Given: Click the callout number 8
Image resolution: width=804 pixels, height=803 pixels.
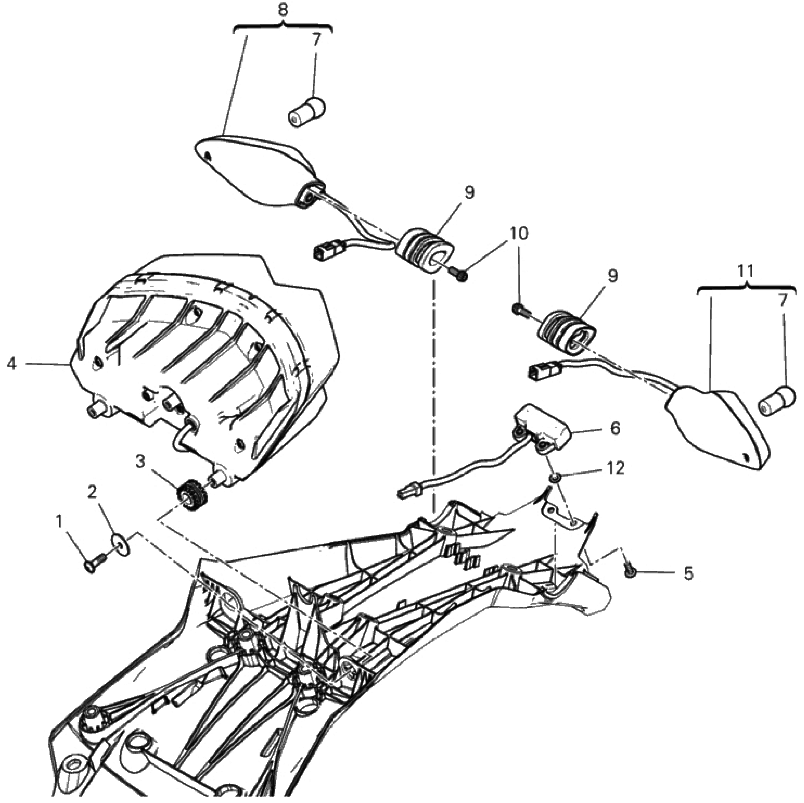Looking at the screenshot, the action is (x=283, y=10).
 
